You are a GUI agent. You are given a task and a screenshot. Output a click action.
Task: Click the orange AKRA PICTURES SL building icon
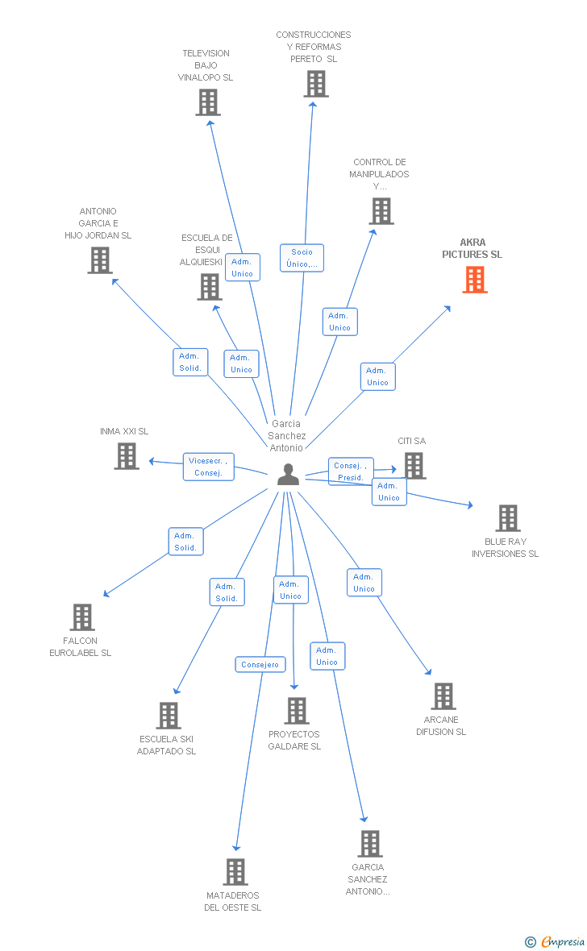click(475, 280)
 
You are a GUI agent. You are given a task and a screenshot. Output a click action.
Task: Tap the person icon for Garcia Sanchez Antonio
click(289, 474)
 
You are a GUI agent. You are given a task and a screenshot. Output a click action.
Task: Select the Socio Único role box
click(302, 258)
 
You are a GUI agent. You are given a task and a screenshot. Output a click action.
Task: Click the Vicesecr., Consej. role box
click(208, 467)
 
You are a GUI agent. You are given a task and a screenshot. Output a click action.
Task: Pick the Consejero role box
click(260, 665)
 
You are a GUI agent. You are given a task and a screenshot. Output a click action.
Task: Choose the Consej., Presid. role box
click(350, 471)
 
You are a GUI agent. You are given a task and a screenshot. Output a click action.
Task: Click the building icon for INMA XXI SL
click(127, 456)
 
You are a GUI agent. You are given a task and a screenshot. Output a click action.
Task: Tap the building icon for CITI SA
click(414, 466)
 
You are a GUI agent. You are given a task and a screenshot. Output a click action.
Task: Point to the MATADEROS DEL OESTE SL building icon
click(236, 872)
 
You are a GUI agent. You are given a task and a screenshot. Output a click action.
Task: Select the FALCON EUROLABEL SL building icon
click(82, 617)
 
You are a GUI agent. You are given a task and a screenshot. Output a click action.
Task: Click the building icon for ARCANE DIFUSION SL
click(443, 696)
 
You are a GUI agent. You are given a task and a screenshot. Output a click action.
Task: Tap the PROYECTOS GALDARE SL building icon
click(298, 711)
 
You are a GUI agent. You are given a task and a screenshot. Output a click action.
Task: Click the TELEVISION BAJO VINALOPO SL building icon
click(208, 102)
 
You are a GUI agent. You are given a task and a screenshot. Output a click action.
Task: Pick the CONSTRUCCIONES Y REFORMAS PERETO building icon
click(316, 84)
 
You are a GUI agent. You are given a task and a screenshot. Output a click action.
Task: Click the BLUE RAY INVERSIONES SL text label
click(505, 548)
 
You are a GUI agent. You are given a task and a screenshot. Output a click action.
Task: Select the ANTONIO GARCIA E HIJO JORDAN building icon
click(100, 261)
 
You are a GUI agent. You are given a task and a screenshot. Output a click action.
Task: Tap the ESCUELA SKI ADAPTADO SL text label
click(166, 745)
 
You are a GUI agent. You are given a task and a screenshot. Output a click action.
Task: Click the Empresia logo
click(555, 941)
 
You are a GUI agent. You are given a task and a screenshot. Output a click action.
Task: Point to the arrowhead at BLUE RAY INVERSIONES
click(470, 505)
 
